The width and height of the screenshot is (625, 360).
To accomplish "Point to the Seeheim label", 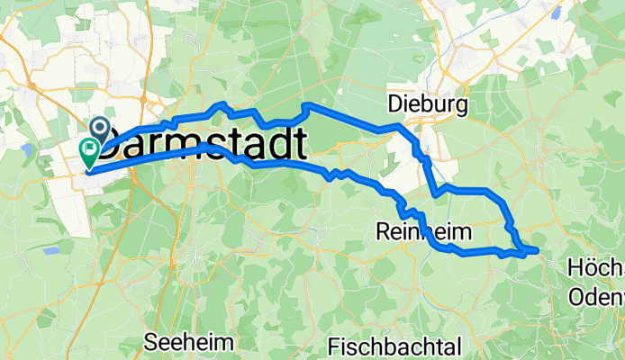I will point(189,342).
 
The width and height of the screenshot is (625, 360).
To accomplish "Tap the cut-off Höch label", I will point(596,268).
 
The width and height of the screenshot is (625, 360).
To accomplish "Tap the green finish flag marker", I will point(90,150).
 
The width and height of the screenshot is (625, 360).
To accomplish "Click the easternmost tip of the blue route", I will point(537,249).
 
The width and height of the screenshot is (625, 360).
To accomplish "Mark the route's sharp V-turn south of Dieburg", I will point(436,193).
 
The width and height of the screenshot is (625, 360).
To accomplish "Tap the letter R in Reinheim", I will point(381,232).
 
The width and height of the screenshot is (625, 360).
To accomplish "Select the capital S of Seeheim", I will point(151,342).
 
